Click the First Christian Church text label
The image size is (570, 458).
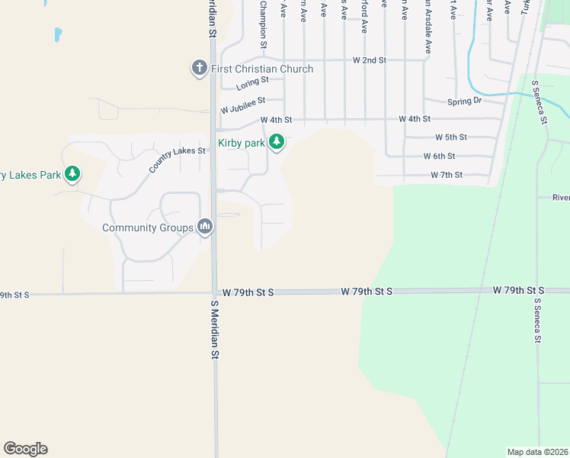262,69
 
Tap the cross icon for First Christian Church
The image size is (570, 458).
200,69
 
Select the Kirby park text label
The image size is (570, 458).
242,143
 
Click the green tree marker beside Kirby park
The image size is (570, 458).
277,142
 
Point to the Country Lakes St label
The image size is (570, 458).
178,160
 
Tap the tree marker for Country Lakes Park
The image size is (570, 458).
72,174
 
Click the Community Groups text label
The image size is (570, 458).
149,227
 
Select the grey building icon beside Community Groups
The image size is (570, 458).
205,227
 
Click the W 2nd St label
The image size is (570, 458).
370,60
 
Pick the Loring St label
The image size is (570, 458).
253,81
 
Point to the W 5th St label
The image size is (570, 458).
451,137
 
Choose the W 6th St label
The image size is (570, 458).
440,156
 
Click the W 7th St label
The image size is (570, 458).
447,175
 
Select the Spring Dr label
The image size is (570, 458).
465,101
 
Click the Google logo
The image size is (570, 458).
25,449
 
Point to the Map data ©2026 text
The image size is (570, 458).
537,452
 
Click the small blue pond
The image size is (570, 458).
58,34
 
